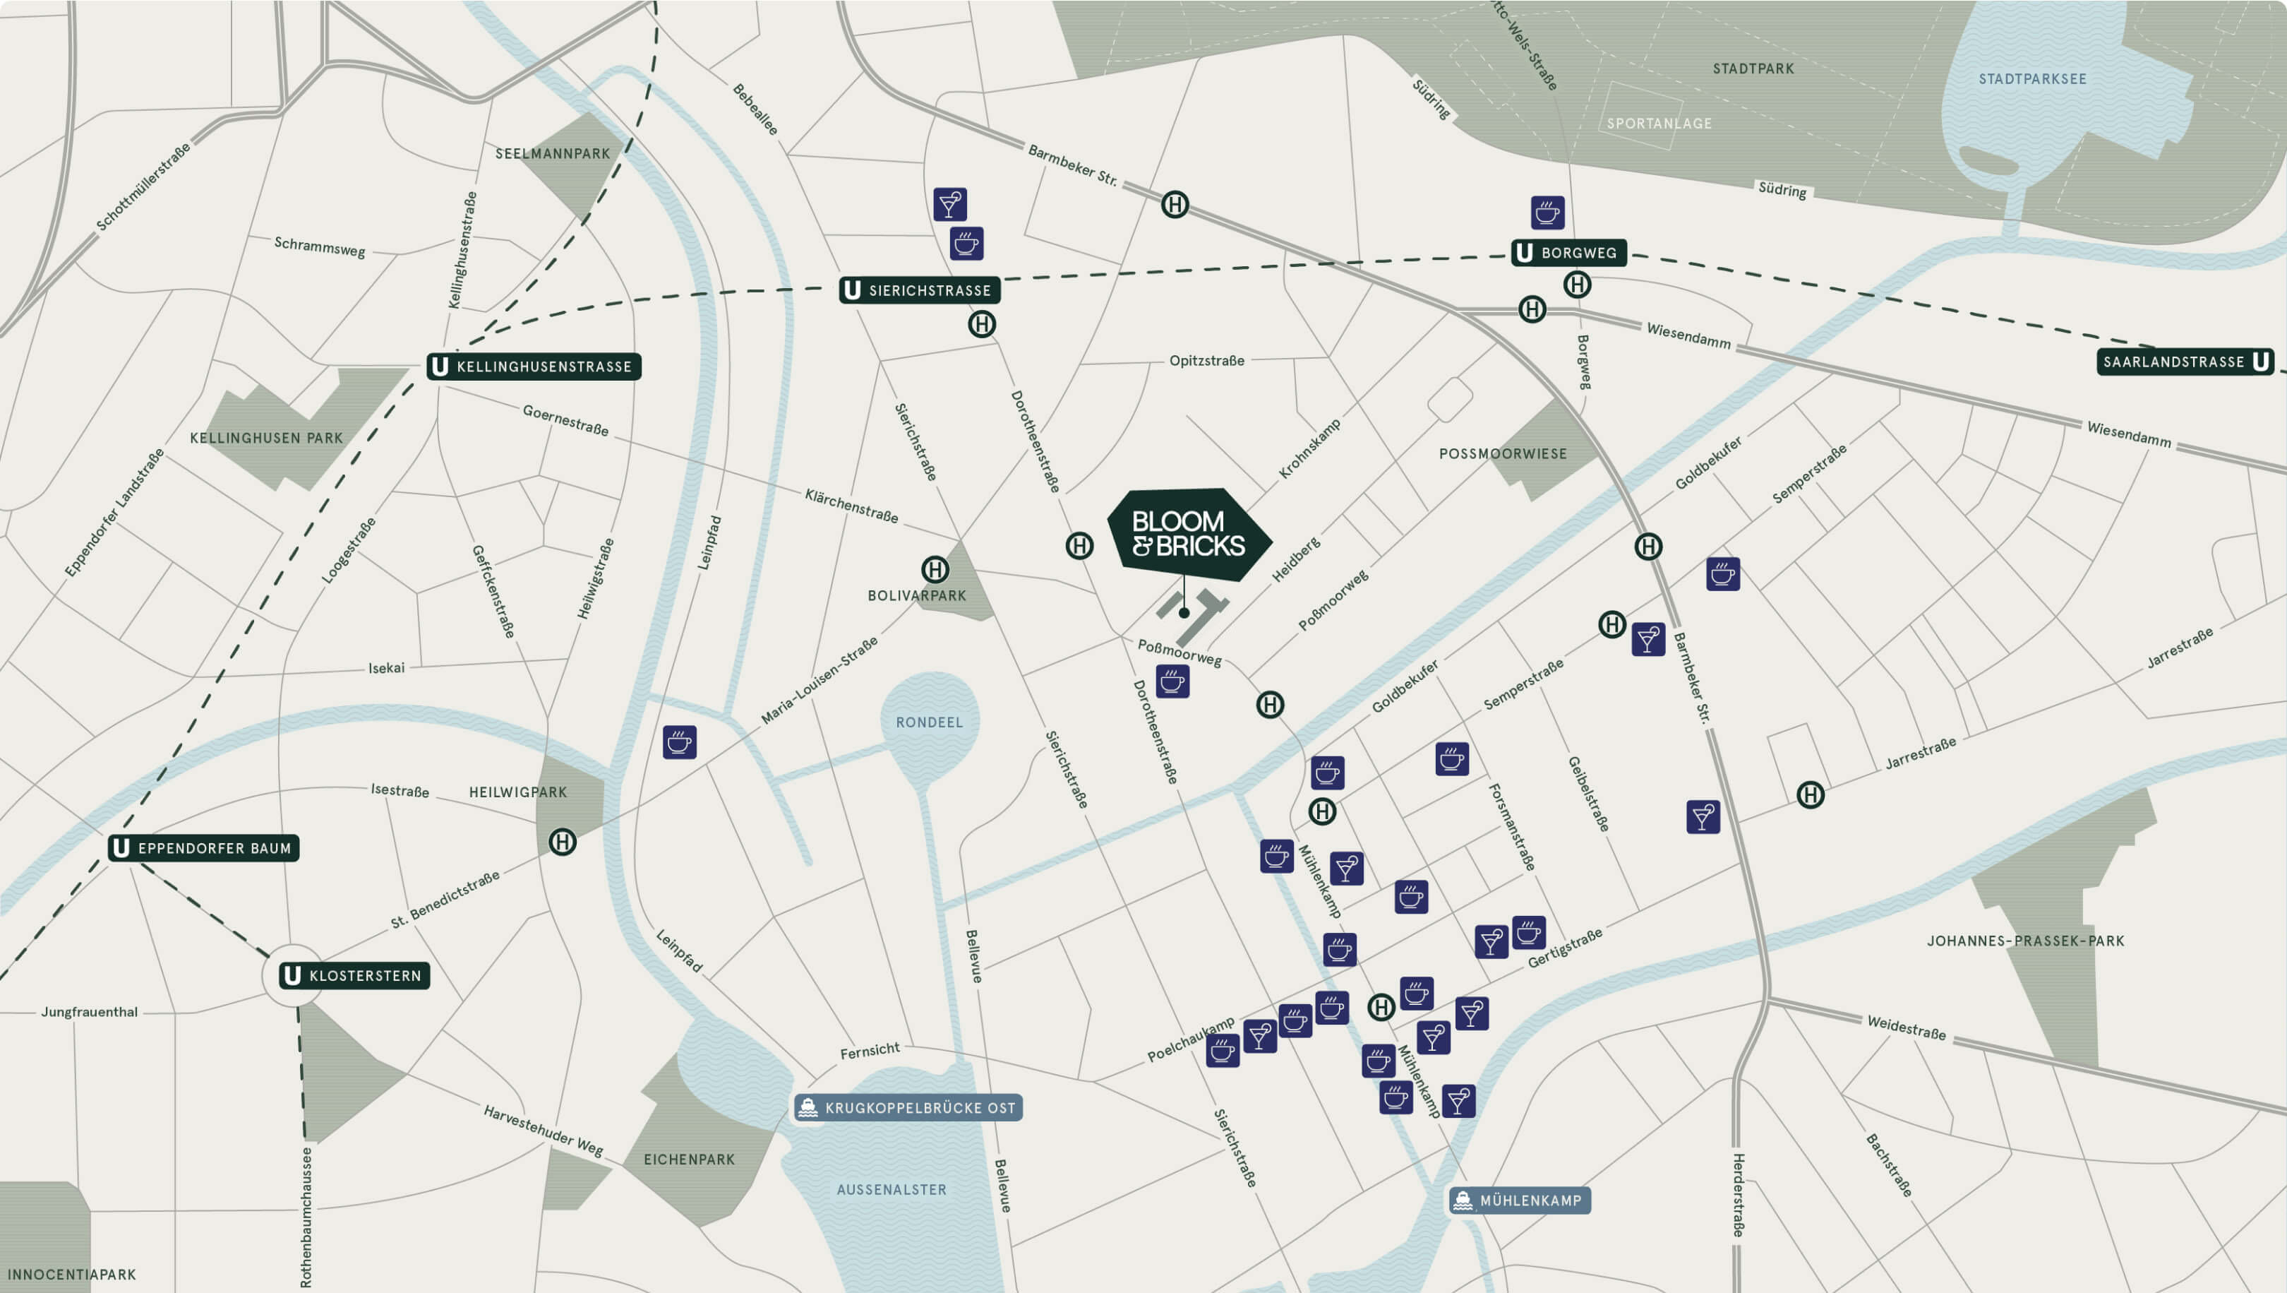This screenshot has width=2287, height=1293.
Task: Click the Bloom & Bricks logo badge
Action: pyautogui.click(x=1188, y=534)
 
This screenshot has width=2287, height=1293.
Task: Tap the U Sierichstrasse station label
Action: pyautogui.click(x=920, y=290)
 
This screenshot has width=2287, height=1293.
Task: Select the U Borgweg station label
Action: pyautogui.click(x=1568, y=253)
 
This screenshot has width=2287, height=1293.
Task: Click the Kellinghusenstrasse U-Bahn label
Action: pyautogui.click(x=534, y=366)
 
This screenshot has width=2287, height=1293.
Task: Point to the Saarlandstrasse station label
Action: pyautogui.click(x=2185, y=362)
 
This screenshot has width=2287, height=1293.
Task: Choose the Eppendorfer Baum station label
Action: pyautogui.click(x=203, y=848)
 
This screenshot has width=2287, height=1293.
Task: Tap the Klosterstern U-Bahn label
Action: pyautogui.click(x=354, y=975)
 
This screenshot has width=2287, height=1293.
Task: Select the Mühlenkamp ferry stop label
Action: pyautogui.click(x=1519, y=1200)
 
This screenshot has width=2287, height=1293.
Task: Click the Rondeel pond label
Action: pyautogui.click(x=929, y=722)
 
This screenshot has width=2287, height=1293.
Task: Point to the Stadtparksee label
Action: pyautogui.click(x=2032, y=79)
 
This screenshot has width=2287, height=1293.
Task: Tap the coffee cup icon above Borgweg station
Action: pyautogui.click(x=1547, y=213)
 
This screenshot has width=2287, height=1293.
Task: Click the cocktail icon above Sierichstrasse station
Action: pyautogui.click(x=950, y=204)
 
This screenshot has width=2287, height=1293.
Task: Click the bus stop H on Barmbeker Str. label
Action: pyautogui.click(x=1175, y=204)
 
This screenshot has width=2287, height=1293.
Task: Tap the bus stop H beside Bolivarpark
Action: pyautogui.click(x=935, y=568)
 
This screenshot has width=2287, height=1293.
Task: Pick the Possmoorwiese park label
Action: pyautogui.click(x=1502, y=454)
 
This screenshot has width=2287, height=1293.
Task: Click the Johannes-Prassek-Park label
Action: pyautogui.click(x=2025, y=941)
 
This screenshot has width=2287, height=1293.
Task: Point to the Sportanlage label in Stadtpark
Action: pyautogui.click(x=1659, y=124)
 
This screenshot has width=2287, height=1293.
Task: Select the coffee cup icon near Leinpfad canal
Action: pyautogui.click(x=679, y=741)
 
